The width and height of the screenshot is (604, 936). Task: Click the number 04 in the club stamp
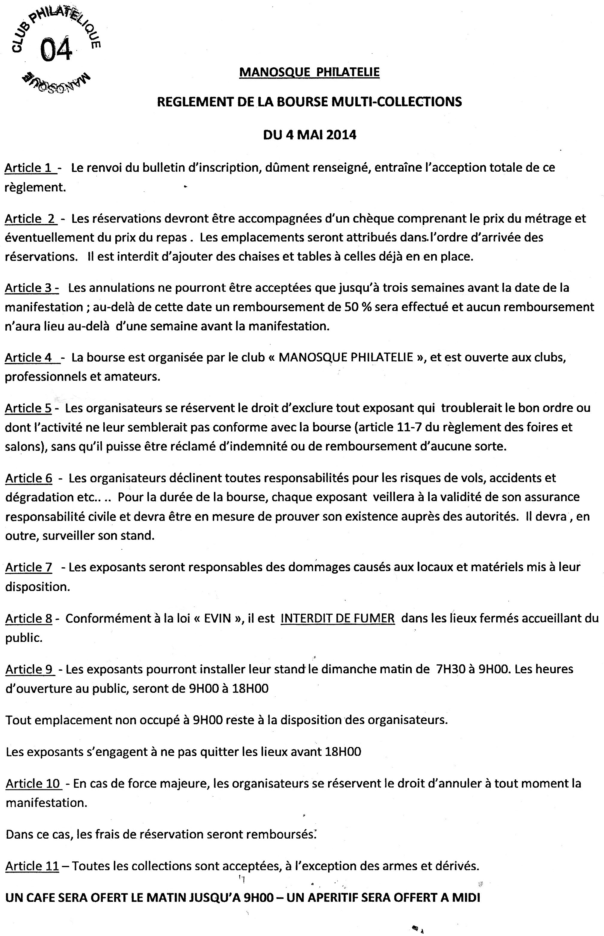tap(56, 49)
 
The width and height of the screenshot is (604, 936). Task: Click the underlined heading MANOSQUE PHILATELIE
tap(309, 72)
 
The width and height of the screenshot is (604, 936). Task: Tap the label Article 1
tap(29, 168)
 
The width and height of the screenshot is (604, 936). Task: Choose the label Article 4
tap(29, 357)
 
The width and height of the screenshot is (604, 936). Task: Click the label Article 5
tap(28, 408)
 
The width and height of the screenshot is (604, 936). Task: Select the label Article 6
tap(29, 478)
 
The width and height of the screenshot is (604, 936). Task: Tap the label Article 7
tap(29, 567)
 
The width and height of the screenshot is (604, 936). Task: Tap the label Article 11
tap(32, 866)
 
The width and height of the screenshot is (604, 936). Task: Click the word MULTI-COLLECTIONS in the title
tap(396, 102)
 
